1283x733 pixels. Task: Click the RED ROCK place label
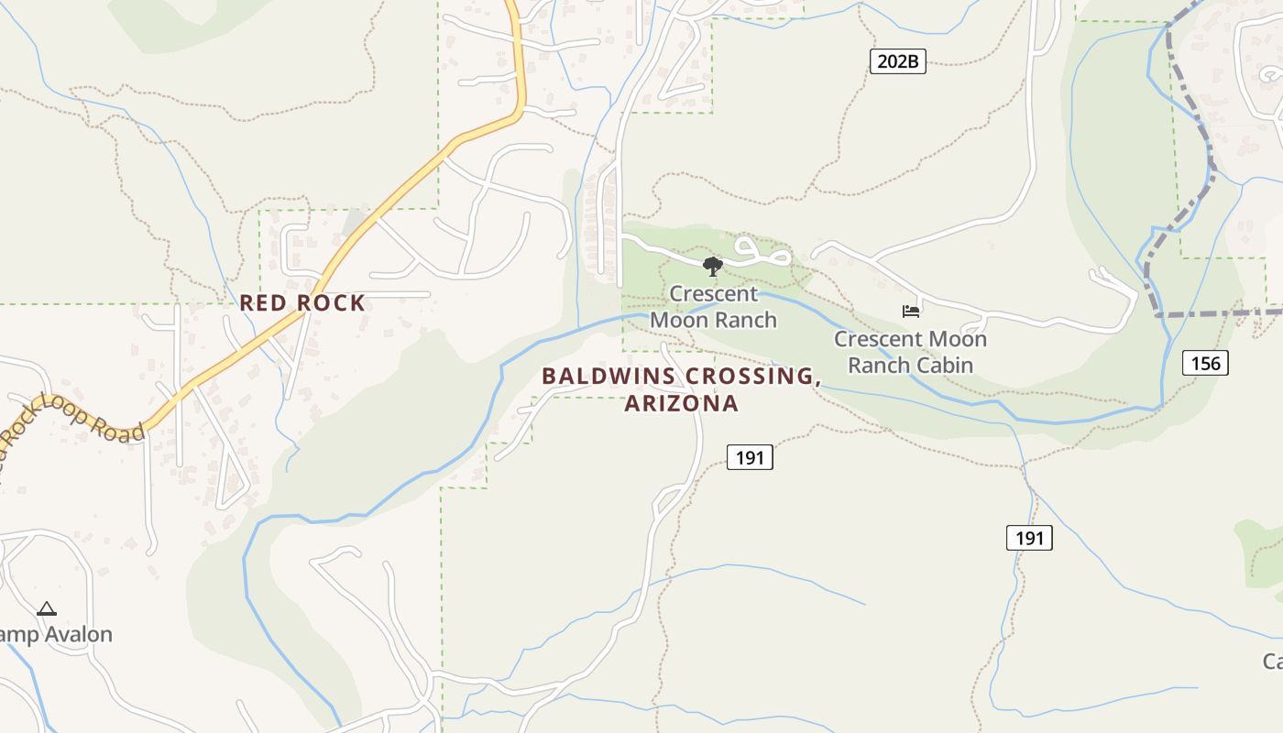pos(302,302)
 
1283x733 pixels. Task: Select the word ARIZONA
pos(682,404)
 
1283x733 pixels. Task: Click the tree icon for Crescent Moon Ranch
pos(712,267)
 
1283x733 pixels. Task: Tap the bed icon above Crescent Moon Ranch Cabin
pos(910,312)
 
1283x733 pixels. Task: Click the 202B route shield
pos(897,62)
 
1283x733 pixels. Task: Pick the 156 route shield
pos(1205,364)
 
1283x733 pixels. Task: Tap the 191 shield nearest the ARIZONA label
pos(750,457)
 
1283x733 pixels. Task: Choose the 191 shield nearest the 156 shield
pos(1029,538)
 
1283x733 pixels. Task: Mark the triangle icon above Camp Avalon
pos(47,608)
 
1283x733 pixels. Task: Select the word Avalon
pos(77,634)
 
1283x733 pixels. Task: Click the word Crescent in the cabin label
pos(872,339)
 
